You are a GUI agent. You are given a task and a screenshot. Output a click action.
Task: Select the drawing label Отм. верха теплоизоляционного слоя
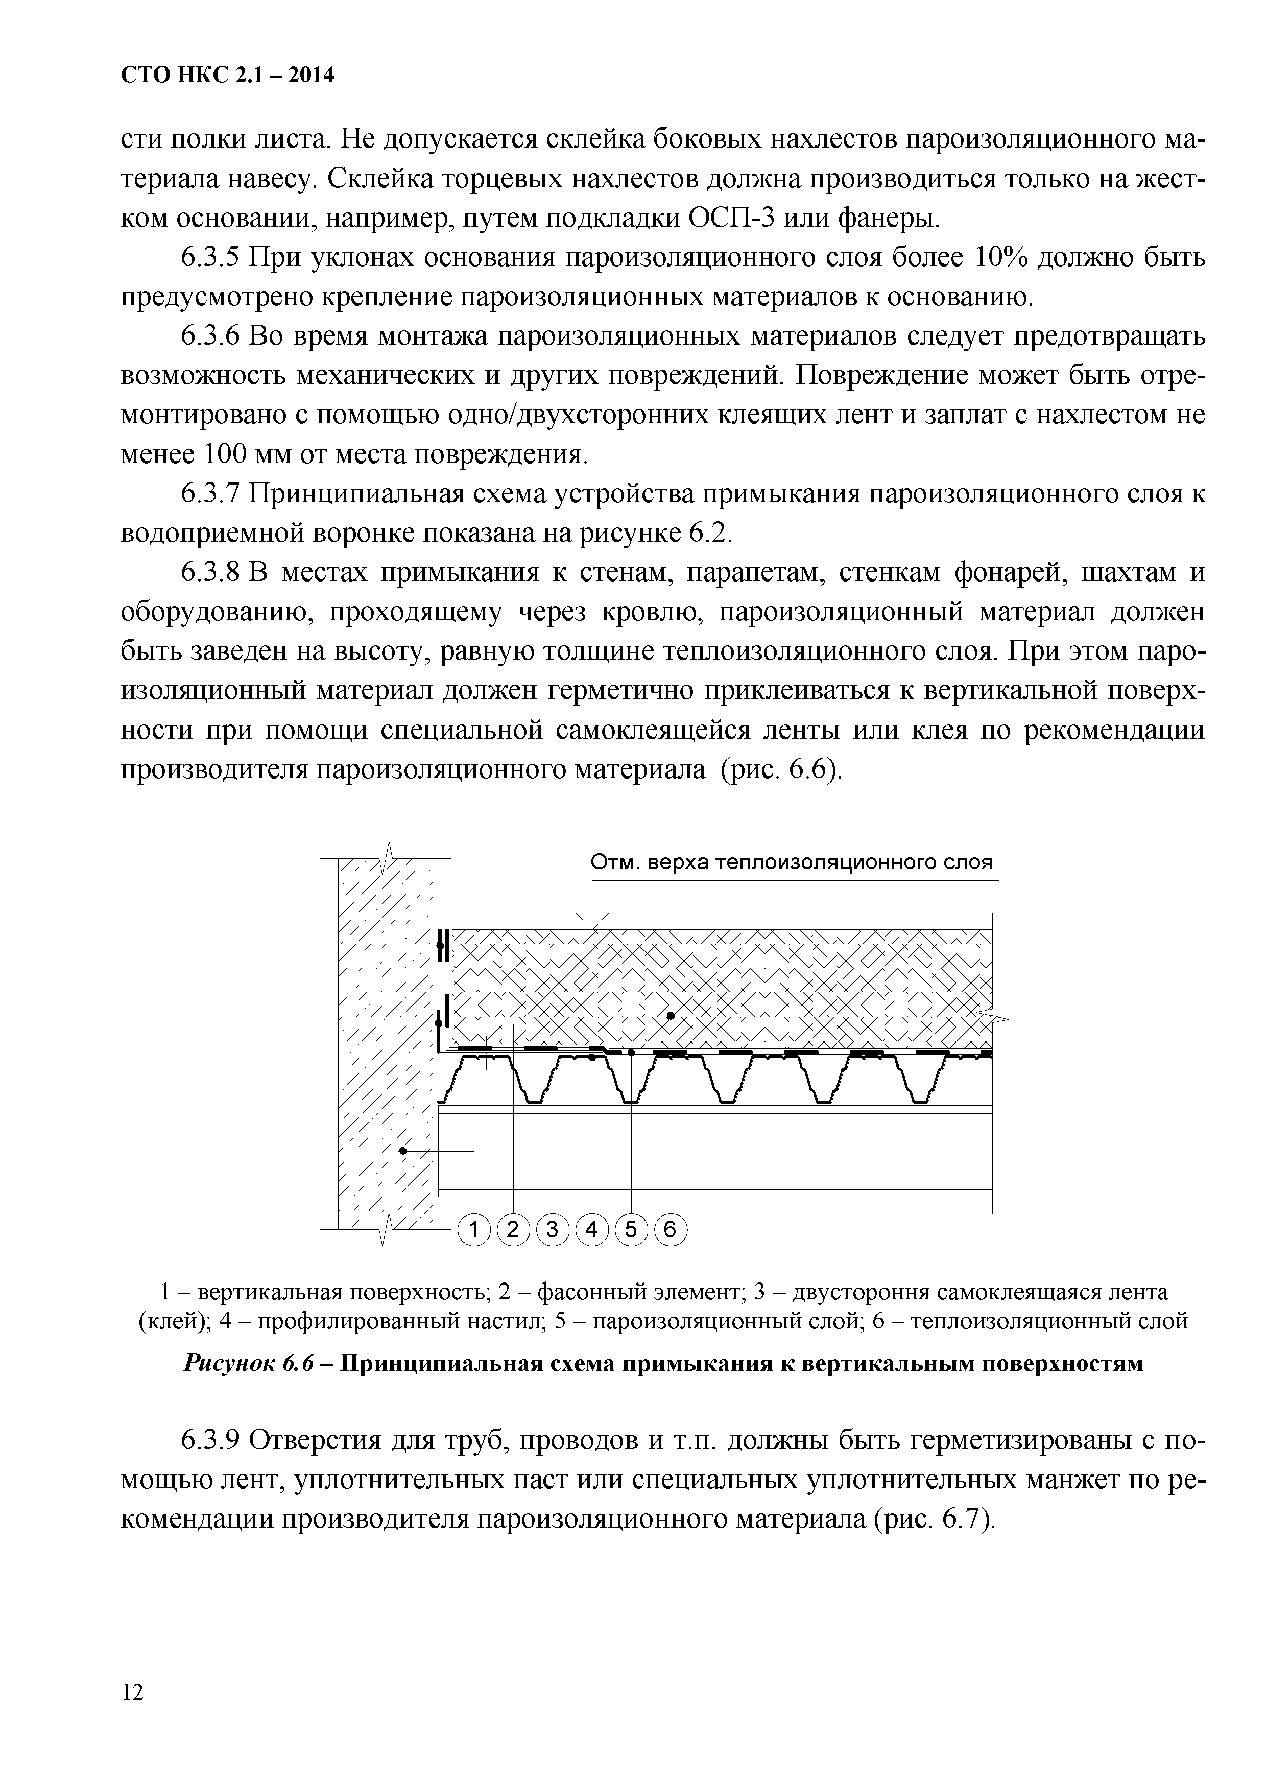coord(791,863)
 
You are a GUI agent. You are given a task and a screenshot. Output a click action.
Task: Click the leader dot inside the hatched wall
coord(402,1151)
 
